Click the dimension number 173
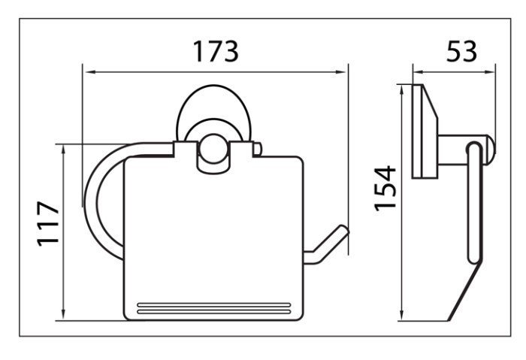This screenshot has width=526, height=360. pyautogui.click(x=216, y=51)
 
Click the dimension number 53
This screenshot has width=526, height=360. pyautogui.click(x=461, y=51)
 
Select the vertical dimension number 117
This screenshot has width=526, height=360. pyautogui.click(x=48, y=224)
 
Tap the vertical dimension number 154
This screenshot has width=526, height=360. pyautogui.click(x=385, y=188)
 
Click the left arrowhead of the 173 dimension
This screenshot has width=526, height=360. pyautogui.click(x=91, y=72)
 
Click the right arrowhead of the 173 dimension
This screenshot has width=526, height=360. pyautogui.click(x=340, y=72)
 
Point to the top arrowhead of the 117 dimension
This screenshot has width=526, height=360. pyautogui.click(x=63, y=152)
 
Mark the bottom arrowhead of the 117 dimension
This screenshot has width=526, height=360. pyautogui.click(x=63, y=313)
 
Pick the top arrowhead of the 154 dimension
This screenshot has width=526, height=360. pyautogui.click(x=401, y=91)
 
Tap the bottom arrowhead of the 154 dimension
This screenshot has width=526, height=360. pyautogui.click(x=401, y=314)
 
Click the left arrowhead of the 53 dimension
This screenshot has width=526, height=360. pyautogui.click(x=419, y=72)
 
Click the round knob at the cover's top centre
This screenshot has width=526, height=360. pyautogui.click(x=213, y=149)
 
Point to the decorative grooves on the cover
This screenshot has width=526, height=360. pyautogui.click(x=213, y=308)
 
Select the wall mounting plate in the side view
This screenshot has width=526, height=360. pyautogui.click(x=425, y=132)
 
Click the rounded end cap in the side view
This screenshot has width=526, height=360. pyautogui.click(x=491, y=150)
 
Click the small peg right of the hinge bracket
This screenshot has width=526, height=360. pyautogui.click(x=257, y=150)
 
